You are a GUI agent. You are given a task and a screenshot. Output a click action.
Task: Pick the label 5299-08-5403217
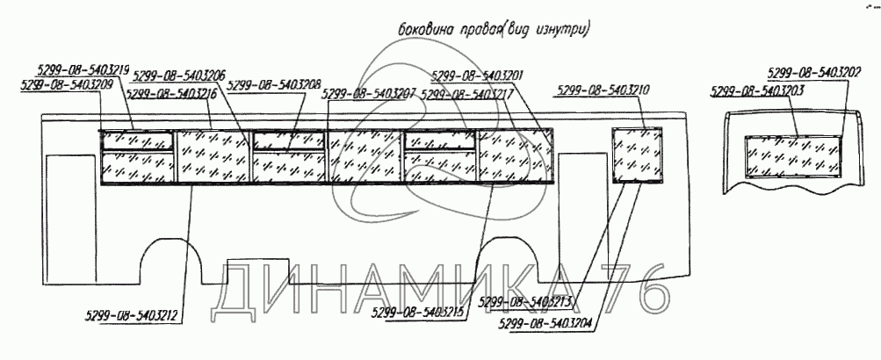click(x=466, y=94)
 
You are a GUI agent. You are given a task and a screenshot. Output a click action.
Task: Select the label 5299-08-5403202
click(x=812, y=75)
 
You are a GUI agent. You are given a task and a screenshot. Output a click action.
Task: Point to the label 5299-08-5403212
click(x=134, y=313)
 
